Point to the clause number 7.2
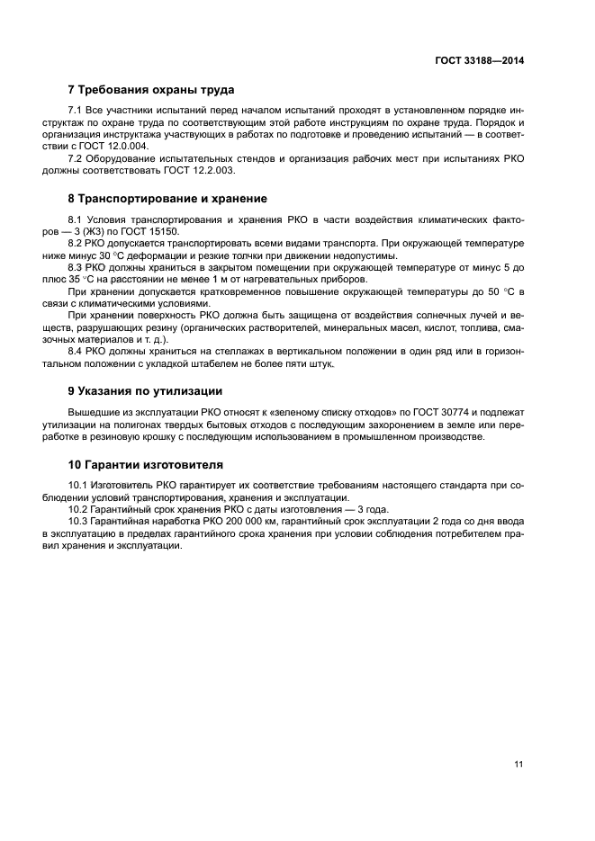[x=76, y=157]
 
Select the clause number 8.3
[x=76, y=267]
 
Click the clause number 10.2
[x=79, y=509]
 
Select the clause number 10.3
[x=79, y=521]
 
